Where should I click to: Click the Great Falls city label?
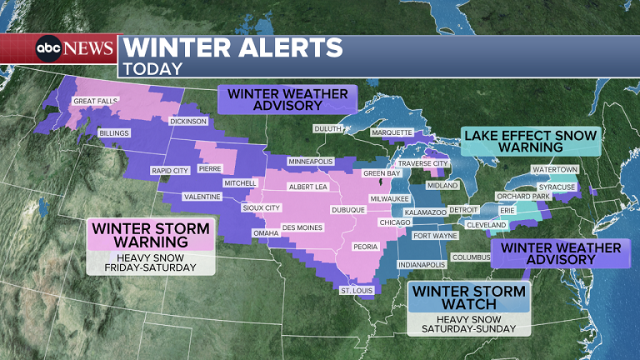[96, 101]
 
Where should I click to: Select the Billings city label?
[114, 133]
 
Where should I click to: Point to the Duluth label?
[327, 128]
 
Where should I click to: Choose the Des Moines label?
[300, 227]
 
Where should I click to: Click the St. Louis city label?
[357, 290]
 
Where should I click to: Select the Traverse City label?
[423, 163]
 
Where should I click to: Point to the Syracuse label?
[557, 187]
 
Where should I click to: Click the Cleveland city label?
[487, 225]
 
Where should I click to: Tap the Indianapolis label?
[421, 264]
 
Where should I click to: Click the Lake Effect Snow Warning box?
[532, 141]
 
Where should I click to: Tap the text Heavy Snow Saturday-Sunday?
[469, 323]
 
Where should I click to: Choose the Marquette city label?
[392, 132]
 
